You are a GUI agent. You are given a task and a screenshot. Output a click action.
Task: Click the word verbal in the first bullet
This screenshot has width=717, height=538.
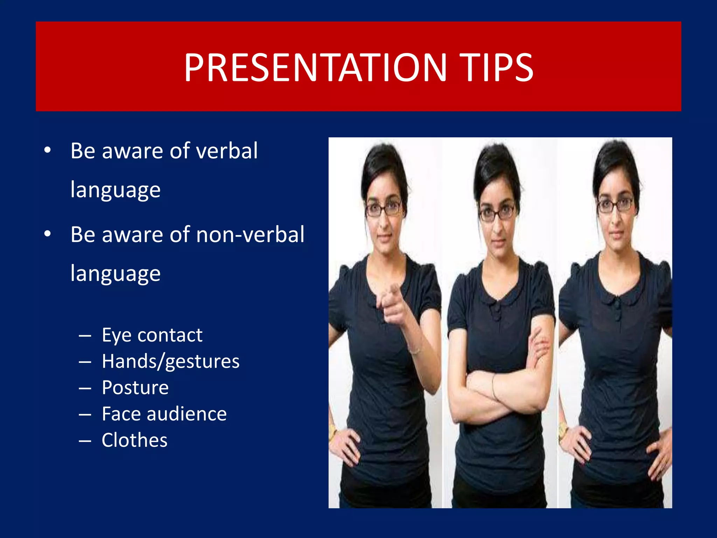(227, 151)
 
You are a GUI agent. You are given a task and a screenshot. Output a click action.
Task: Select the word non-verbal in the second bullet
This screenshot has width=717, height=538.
(250, 235)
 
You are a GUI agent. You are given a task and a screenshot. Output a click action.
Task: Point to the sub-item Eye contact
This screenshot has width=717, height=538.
(152, 335)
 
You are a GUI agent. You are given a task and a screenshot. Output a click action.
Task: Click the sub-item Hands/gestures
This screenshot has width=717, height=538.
(170, 361)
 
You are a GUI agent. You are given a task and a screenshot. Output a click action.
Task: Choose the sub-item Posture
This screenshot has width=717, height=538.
(135, 388)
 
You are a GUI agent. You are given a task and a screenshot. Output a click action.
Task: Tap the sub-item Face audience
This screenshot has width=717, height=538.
(164, 414)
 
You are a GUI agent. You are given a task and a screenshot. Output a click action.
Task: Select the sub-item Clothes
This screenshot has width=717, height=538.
(134, 440)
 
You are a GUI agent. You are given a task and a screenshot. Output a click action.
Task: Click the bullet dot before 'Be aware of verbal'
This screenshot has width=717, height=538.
(48, 151)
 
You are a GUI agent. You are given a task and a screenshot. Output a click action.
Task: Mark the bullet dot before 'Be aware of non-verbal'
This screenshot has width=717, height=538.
(48, 234)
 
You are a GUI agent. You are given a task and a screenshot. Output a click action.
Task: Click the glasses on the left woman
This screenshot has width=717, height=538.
(383, 209)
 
